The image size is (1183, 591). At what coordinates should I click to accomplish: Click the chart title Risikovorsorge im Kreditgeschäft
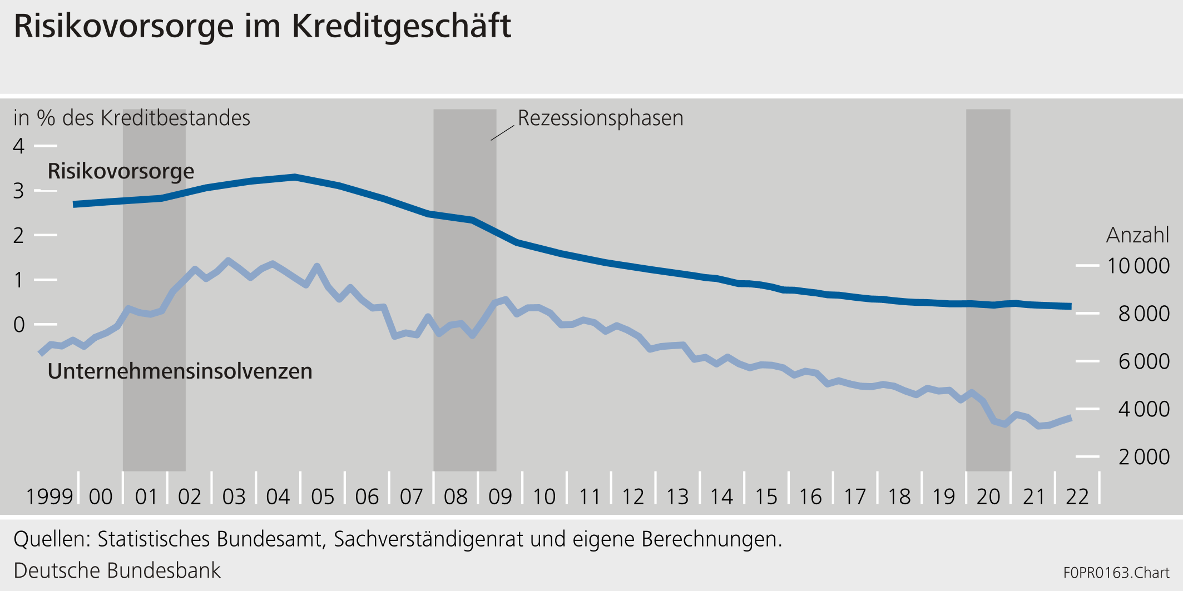tap(262, 26)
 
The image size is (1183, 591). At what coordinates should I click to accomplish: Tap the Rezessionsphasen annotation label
tap(600, 118)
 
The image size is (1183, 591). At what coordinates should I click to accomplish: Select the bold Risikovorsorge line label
tap(121, 171)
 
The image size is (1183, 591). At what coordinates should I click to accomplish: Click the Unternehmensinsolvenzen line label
tap(180, 371)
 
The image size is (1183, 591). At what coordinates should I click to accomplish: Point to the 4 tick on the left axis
tap(19, 146)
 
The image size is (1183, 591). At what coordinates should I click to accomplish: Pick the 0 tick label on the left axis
tap(19, 324)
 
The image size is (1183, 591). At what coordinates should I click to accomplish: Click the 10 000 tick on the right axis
tap(1137, 266)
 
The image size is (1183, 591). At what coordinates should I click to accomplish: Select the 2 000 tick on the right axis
tap(1144, 457)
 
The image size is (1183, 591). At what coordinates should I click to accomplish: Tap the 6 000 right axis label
tap(1144, 361)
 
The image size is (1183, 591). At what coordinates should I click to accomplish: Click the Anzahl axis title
tap(1137, 235)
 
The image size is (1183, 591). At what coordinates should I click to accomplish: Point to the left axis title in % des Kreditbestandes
tap(132, 118)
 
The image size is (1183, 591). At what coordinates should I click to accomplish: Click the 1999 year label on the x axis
tap(49, 496)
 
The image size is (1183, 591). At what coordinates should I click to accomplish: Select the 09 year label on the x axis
tap(499, 496)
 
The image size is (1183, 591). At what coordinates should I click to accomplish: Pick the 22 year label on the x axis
tap(1077, 496)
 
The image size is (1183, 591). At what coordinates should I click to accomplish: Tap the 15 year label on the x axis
tap(766, 496)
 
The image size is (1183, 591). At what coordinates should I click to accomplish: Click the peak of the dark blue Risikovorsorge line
tap(295, 177)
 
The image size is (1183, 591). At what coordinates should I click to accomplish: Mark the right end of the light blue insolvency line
tap(1070, 418)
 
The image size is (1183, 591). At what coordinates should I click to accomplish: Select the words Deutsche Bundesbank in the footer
tap(117, 571)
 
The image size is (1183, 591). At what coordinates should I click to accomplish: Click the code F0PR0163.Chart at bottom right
tap(1116, 573)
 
